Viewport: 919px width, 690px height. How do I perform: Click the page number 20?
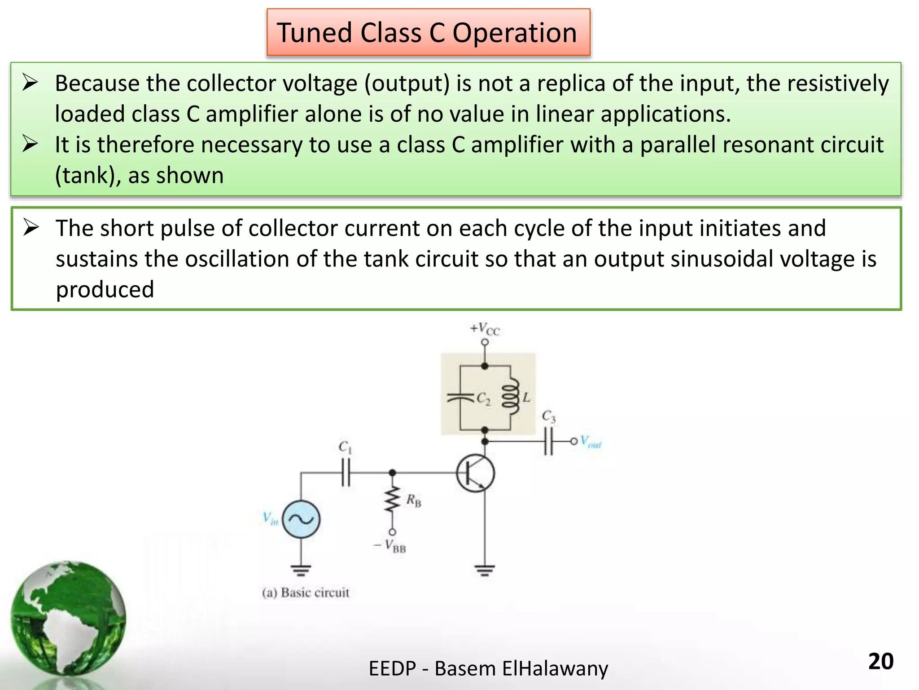880,661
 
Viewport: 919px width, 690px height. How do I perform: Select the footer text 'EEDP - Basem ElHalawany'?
488,668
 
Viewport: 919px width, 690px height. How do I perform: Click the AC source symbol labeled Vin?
301,519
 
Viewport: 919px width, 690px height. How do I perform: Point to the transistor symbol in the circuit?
476,473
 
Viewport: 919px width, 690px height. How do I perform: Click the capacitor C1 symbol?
346,473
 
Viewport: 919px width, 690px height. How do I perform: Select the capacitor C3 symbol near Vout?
548,441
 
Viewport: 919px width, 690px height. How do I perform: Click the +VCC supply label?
485,329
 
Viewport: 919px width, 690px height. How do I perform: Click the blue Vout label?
591,442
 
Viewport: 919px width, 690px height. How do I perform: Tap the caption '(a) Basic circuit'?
306,593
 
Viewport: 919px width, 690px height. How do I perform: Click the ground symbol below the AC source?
301,571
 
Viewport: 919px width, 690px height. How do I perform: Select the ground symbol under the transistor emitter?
485,571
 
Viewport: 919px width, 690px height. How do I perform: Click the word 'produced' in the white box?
105,289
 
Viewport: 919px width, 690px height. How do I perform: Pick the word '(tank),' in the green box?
88,175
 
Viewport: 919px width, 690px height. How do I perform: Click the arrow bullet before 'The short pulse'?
31,227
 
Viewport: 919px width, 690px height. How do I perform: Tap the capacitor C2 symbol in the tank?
460,397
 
